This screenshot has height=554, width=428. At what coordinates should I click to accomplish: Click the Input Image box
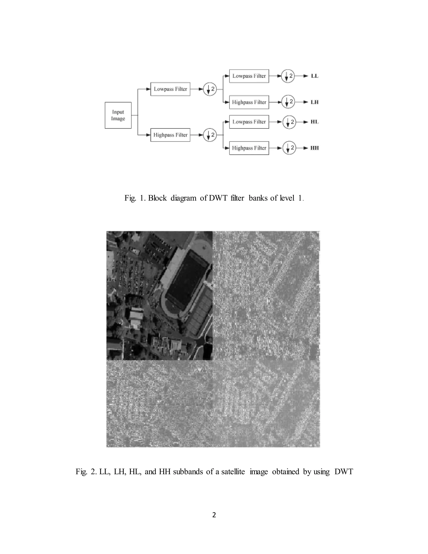(118, 115)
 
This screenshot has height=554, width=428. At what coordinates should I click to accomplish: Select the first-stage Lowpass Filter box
(170, 89)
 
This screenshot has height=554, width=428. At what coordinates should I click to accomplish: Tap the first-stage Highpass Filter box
(170, 135)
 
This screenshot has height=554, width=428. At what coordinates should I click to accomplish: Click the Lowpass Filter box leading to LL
(249, 76)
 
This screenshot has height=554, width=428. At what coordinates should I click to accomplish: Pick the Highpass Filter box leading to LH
(249, 102)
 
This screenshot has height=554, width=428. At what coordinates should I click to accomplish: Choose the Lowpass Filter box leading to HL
(249, 122)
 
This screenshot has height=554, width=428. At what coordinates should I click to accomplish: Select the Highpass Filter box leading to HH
(249, 148)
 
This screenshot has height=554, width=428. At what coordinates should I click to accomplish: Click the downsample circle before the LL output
(288, 76)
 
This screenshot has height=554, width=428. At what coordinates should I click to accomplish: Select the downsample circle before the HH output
(289, 148)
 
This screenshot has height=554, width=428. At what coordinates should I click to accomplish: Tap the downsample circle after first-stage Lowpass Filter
(210, 89)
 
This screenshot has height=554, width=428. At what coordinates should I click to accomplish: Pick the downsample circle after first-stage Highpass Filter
(210, 135)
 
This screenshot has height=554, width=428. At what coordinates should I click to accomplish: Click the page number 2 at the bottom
(214, 515)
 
